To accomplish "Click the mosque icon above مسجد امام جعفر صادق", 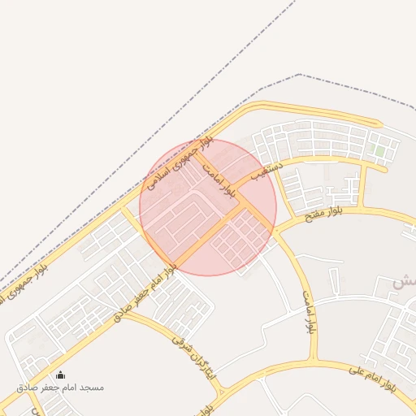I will [59, 375].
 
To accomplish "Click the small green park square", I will [379, 150].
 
